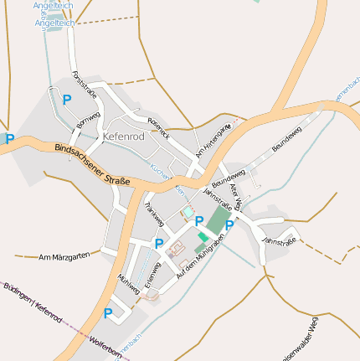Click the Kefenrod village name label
(x=123, y=136)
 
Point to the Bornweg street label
(x=87, y=120)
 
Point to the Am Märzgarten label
(x=64, y=256)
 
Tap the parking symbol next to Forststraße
(x=67, y=99)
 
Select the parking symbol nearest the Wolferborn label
(x=108, y=313)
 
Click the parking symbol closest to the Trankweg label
(x=159, y=244)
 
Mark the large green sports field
(x=217, y=221)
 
